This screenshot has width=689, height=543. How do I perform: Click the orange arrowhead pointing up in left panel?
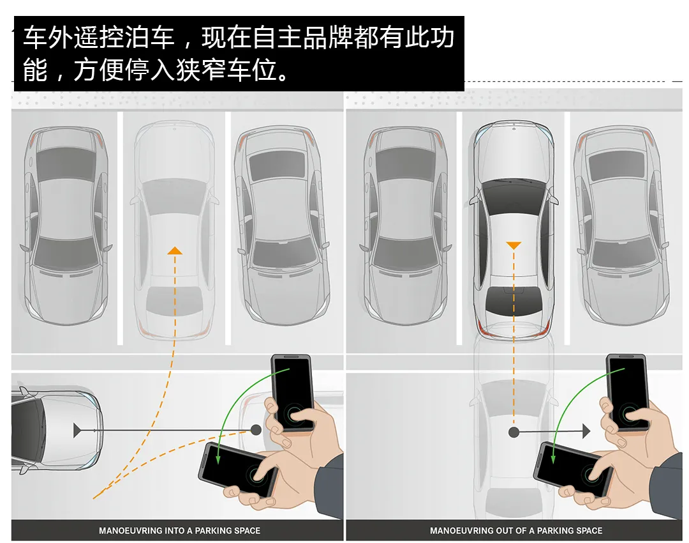coord(175,251)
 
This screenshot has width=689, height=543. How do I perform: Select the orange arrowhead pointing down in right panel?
coord(514,245)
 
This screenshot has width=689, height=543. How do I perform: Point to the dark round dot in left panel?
coord(256,430)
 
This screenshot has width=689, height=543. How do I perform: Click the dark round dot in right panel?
coord(514,432)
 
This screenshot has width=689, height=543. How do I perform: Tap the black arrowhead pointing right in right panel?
coord(586,432)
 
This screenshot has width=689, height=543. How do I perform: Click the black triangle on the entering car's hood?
coord(77,431)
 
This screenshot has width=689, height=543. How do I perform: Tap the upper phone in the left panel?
coord(292,393)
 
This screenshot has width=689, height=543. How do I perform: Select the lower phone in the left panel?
coord(238,470)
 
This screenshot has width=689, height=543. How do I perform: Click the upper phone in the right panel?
coord(628,392)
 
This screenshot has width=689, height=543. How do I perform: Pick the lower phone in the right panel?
coord(572,470)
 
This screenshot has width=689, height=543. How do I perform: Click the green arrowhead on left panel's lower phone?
coord(218,459)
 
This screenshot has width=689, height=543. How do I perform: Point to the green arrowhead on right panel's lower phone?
coord(553,458)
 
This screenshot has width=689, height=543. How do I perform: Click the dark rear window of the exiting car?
coord(514,300)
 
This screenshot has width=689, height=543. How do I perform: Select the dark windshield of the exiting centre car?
coord(514,197)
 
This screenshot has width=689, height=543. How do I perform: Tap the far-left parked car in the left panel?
coord(66,226)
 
